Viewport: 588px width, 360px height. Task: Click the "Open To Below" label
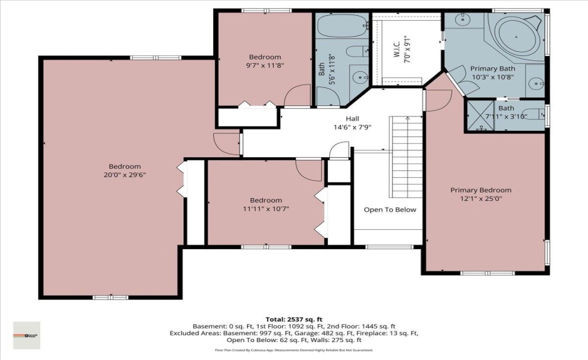[390, 210]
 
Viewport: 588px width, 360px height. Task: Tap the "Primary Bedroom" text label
[480, 190]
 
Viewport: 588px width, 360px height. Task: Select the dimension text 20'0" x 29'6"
[125, 175]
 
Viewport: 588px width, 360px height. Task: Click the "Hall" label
[353, 118]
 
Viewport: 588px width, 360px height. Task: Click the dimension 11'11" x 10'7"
[266, 208]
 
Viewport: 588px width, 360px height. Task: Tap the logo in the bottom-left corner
[27, 335]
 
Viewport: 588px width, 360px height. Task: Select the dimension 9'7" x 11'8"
[265, 66]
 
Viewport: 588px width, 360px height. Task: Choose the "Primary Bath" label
[493, 69]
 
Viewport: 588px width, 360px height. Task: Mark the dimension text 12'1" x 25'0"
[480, 199]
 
